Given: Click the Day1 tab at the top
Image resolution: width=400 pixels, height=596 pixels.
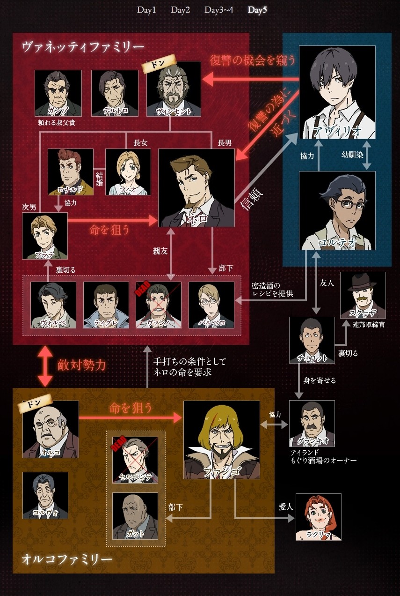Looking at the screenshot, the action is (146, 10).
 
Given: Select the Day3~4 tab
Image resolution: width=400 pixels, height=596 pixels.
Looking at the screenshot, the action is (218, 10).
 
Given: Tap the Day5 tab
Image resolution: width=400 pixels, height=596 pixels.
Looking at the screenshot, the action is (257, 10).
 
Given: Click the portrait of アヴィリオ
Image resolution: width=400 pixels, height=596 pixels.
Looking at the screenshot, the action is (337, 92).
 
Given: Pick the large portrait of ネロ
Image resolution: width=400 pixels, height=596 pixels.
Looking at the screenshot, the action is (196, 188).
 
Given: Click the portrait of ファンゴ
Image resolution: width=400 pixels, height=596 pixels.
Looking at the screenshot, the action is (221, 440).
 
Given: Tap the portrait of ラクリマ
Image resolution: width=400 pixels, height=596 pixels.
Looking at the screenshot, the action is (318, 517).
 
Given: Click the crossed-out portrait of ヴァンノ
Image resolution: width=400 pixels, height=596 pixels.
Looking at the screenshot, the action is (159, 305).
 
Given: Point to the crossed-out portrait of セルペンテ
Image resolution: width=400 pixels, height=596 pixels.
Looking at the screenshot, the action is (135, 460).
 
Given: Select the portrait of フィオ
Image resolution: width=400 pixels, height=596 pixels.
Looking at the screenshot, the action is (128, 171).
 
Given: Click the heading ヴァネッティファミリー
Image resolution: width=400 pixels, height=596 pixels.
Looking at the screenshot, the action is (83, 47).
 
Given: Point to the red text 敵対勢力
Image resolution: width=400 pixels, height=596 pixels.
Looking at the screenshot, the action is (82, 365).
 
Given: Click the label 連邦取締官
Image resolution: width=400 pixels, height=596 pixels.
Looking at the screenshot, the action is (370, 325).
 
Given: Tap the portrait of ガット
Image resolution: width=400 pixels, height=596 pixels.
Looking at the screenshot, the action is (135, 515).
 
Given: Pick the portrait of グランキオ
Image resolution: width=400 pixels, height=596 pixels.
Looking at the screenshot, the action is (312, 423).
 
